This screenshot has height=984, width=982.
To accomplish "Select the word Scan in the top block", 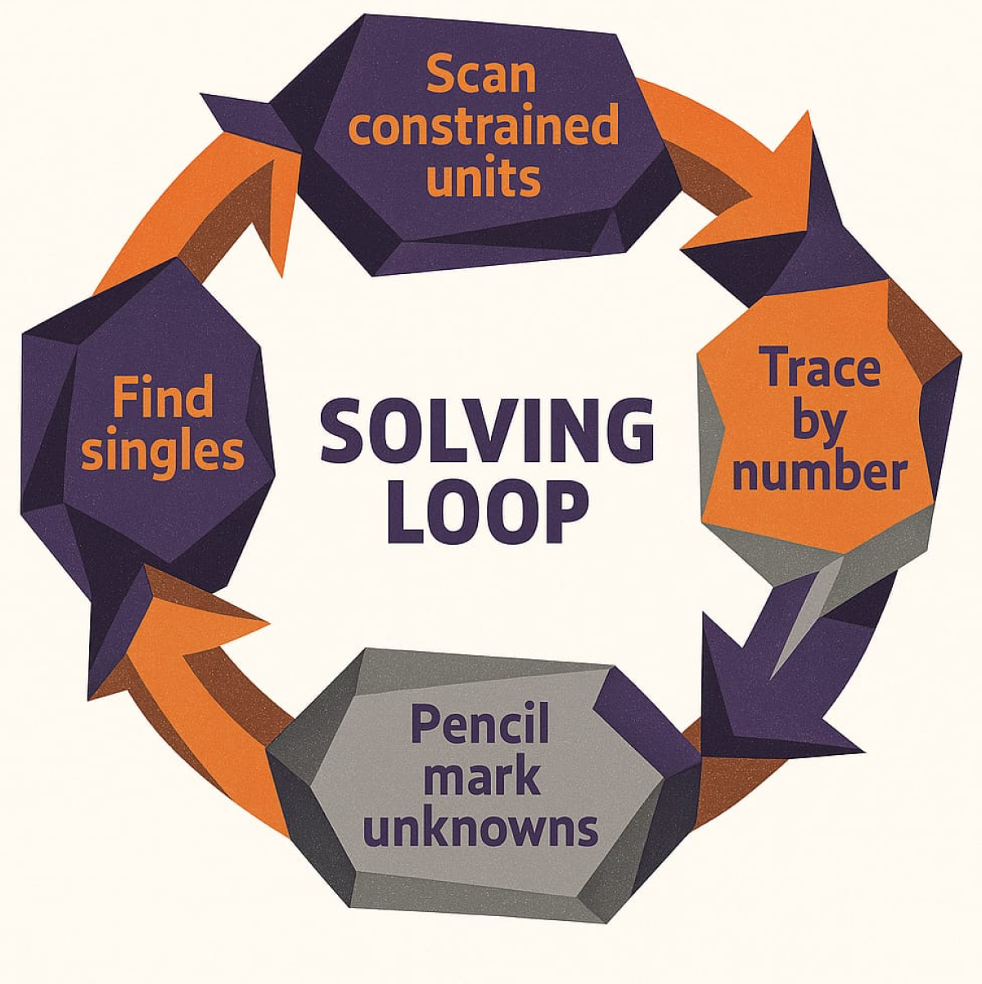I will pos(481,74).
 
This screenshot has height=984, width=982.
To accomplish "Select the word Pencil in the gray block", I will pos(480,722).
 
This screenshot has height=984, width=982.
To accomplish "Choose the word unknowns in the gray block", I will pos(481,828).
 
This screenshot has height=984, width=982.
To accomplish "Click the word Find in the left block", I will pos(163,398).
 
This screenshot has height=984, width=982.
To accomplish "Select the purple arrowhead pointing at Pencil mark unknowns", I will pos(761,703).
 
